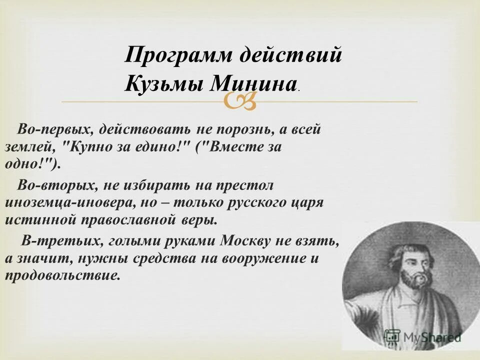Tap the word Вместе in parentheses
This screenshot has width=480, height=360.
click(233, 147)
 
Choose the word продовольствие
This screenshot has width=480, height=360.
click(62, 276)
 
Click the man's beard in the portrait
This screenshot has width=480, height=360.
click(413, 280)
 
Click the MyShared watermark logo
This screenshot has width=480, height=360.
click(422, 337)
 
